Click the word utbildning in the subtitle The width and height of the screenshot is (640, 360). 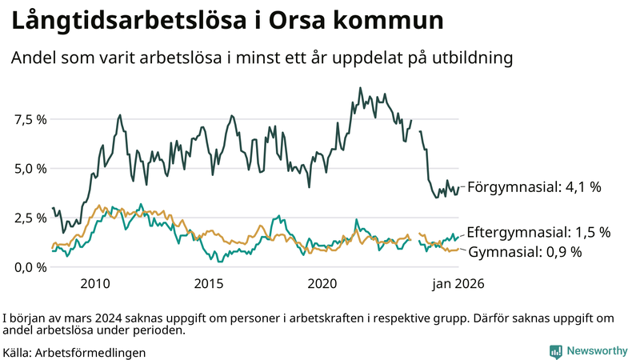point(470,58)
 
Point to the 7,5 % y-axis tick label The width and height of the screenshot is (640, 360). point(30,119)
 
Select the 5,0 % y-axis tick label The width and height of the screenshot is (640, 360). point(30,169)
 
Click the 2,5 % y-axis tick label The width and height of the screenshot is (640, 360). point(30,218)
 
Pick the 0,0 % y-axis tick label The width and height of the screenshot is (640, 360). point(30,266)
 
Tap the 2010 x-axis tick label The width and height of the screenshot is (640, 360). point(94,284)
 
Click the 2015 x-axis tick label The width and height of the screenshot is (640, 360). point(209,284)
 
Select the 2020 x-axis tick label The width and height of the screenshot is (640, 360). point(323,284)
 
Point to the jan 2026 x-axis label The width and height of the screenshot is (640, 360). point(458,284)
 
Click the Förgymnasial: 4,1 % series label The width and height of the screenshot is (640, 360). point(534,187)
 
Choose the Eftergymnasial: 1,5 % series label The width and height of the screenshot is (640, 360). point(538,232)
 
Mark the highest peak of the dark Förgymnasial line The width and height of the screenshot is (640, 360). point(360,88)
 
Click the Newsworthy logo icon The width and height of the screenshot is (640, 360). point(555,351)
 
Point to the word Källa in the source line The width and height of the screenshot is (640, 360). point(17,351)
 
